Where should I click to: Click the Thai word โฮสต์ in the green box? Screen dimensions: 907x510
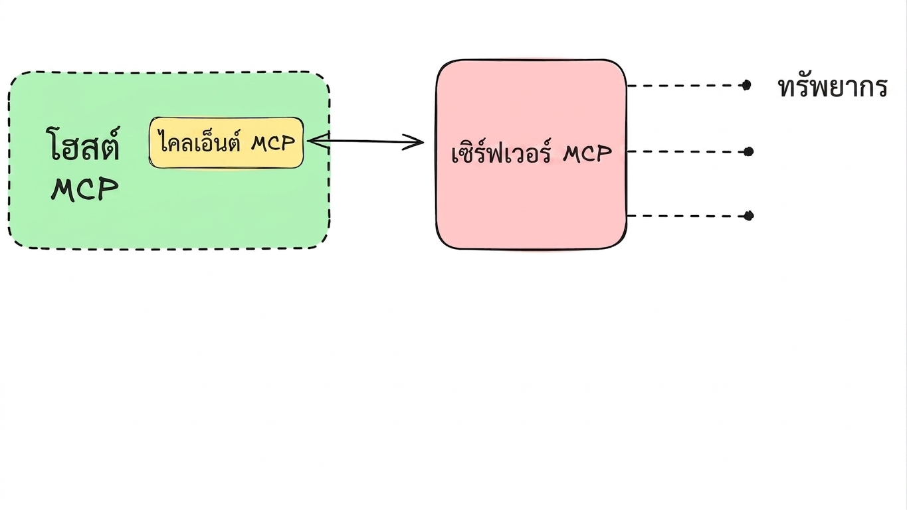click(82, 143)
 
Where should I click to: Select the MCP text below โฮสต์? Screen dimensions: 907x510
click(84, 189)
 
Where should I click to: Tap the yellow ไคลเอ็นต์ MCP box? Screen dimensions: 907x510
click(226, 143)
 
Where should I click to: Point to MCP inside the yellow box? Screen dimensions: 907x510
click(273, 143)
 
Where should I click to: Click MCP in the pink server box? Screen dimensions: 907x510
click(587, 154)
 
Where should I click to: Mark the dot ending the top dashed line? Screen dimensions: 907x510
click(746, 86)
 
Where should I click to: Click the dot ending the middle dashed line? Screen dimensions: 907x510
click(748, 152)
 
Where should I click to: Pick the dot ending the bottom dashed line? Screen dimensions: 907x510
click(748, 216)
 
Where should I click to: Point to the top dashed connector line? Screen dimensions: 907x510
click(685, 86)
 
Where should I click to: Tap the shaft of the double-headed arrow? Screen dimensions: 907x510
click(365, 141)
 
